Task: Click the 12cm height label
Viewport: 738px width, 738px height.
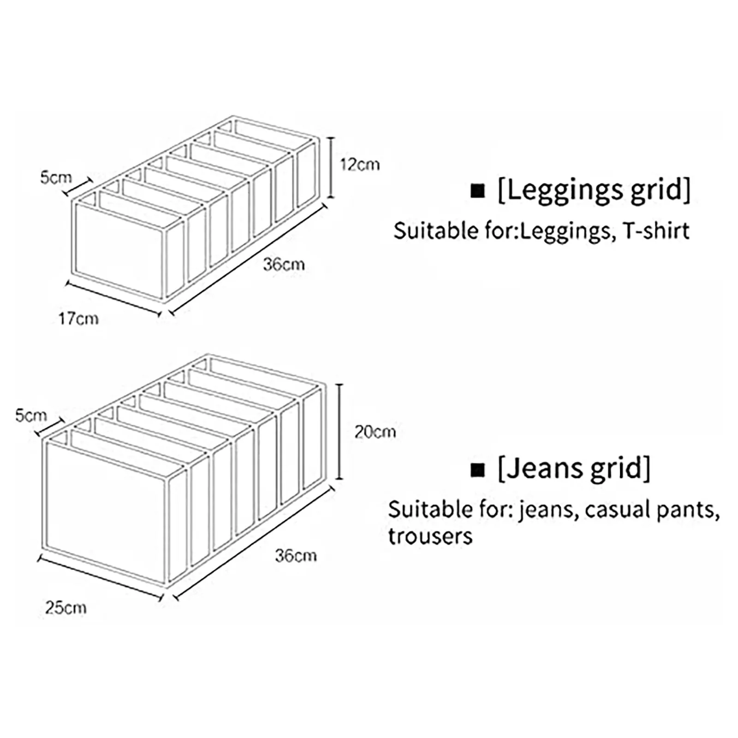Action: point(360,165)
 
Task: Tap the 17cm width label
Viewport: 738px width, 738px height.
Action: point(78,319)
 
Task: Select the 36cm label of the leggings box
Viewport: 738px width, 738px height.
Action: point(284,265)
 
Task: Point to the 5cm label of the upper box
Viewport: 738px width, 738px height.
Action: point(56,178)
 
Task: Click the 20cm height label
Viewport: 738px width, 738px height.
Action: point(375,432)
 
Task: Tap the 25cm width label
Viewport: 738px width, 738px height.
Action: point(65,608)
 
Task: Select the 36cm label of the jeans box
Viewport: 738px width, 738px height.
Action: point(296,556)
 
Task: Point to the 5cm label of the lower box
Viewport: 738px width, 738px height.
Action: point(31,416)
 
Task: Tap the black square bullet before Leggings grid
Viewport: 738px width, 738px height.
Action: point(478,191)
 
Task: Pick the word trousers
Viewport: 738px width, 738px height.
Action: point(430,536)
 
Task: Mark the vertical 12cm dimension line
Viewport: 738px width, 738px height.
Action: point(331,167)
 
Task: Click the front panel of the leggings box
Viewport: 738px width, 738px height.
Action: point(119,251)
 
